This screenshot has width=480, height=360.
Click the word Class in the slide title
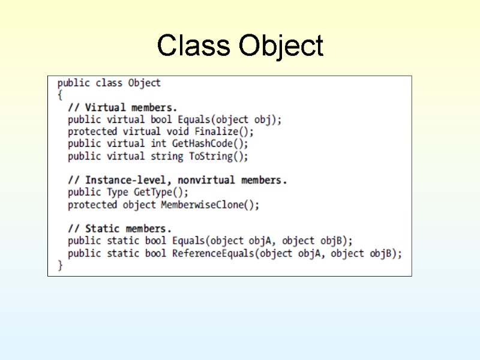tap(193, 46)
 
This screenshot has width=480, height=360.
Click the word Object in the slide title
tap(281, 46)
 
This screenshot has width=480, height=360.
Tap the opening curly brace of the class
tap(60, 95)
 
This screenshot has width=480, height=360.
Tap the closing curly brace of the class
tap(60, 265)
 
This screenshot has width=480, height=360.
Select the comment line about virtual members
tap(122, 107)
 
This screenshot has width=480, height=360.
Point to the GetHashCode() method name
tap(210, 144)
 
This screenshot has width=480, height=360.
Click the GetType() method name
tap(161, 193)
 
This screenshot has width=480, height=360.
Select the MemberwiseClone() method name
tap(210, 205)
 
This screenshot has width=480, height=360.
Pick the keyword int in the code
tap(158, 144)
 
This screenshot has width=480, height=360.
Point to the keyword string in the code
tap(167, 156)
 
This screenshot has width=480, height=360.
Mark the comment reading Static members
tap(120, 229)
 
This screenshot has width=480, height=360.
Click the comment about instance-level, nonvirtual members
tap(178, 180)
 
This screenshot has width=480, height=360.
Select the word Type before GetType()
tap(118, 193)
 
